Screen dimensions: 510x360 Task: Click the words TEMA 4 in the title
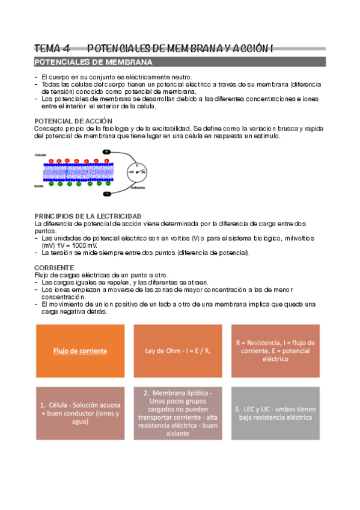coord(52,48)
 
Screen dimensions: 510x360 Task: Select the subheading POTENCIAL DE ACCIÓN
coord(73,121)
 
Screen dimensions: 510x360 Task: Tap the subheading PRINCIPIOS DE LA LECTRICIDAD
coord(88,215)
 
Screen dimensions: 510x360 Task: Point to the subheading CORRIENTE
coord(54,266)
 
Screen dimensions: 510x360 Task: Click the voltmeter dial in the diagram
coord(136,173)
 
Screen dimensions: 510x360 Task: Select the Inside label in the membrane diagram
coord(38,186)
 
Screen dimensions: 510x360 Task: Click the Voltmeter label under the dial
coord(137,188)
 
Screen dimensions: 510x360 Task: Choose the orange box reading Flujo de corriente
coord(80,351)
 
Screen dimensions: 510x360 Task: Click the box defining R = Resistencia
coord(275,351)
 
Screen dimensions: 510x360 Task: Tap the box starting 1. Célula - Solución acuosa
coord(80,413)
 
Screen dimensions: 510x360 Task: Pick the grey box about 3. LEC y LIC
coord(275,413)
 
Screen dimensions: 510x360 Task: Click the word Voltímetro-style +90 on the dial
coord(130,173)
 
